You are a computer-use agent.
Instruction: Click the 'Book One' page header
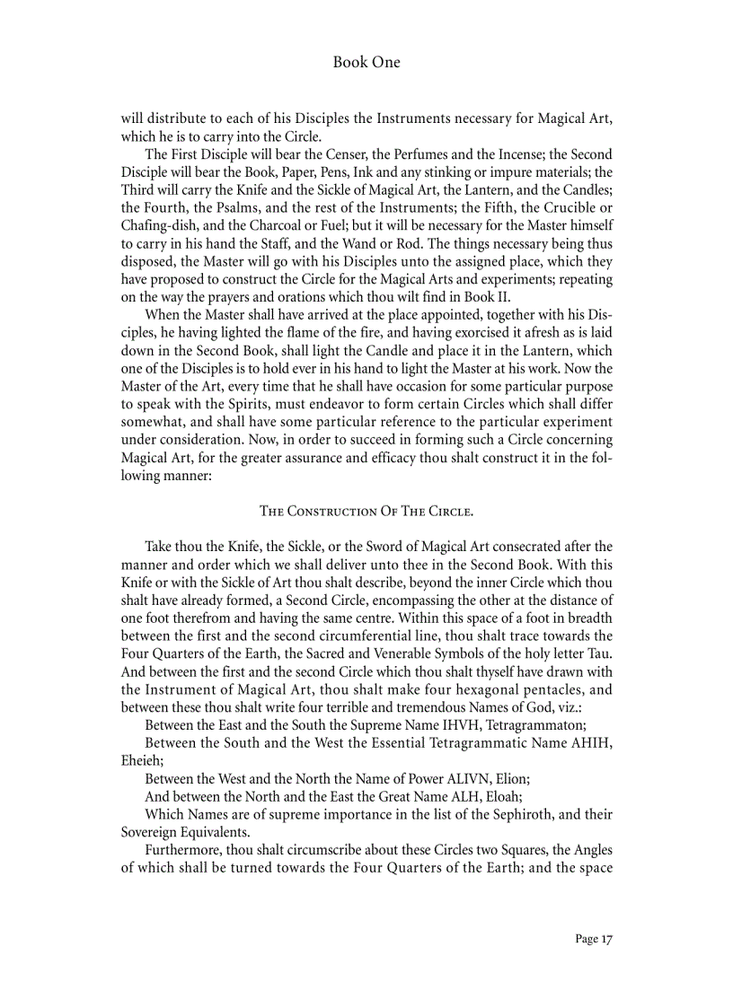[x=366, y=63]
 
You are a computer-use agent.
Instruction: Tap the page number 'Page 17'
[x=593, y=939]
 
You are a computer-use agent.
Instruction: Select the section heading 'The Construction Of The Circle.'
[x=366, y=512]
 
